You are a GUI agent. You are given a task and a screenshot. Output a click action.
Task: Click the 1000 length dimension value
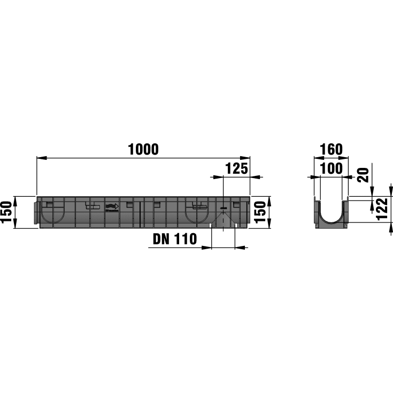pyautogui.click(x=143, y=150)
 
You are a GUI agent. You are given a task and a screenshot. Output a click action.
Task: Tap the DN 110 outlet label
pyautogui.click(x=174, y=238)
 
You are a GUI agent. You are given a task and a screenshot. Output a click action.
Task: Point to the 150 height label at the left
pyautogui.click(x=7, y=213)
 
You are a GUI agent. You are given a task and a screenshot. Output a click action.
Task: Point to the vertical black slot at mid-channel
pyautogui.click(x=140, y=213)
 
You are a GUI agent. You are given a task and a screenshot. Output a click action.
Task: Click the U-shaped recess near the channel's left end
pyautogui.click(x=56, y=213)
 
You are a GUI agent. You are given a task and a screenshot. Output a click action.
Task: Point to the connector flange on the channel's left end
pyautogui.click(x=37, y=213)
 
